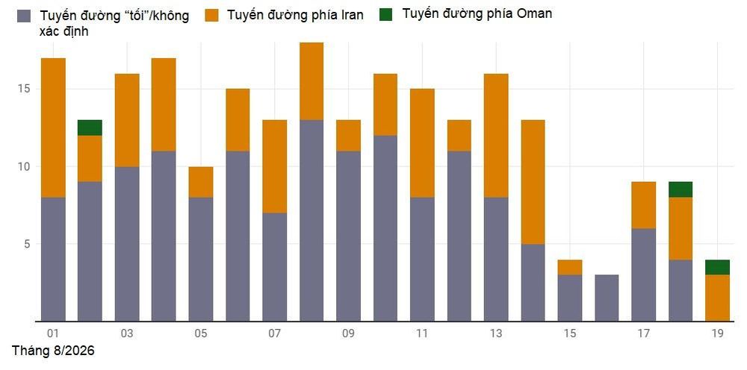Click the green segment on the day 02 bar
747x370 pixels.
90,128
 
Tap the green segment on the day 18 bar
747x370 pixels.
681,189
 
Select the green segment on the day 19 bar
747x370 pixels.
717,267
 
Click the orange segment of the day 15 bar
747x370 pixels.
570,267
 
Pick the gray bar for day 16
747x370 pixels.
607,298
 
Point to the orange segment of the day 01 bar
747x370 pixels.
53,128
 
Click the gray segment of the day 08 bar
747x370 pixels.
311,220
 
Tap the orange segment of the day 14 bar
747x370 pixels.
533,182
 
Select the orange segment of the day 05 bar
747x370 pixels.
200,182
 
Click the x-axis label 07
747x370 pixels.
274,333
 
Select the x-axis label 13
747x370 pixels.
496,333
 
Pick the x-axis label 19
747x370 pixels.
717,333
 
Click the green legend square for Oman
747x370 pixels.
385,15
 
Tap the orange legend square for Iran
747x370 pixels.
212,15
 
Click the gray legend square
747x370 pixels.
25,16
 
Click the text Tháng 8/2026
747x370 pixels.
53,351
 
